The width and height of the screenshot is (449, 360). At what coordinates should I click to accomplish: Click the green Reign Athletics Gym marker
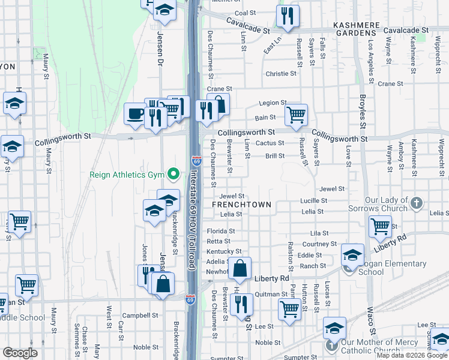click(x=173, y=175)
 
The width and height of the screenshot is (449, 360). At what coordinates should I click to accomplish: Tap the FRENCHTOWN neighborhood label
click(x=241, y=205)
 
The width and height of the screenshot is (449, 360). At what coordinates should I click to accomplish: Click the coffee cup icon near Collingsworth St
click(x=134, y=113)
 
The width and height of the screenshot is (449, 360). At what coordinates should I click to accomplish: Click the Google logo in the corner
click(x=20, y=353)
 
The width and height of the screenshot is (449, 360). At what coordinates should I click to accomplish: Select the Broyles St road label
click(x=362, y=111)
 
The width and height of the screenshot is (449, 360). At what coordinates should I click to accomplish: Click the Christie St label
click(x=280, y=74)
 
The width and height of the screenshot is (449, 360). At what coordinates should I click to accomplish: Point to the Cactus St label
click(x=270, y=143)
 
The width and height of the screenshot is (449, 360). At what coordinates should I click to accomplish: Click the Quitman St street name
click(x=271, y=294)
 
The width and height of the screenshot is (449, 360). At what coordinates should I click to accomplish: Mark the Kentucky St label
click(x=224, y=251)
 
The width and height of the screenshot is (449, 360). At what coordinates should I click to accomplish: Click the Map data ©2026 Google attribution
click(x=411, y=355)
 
